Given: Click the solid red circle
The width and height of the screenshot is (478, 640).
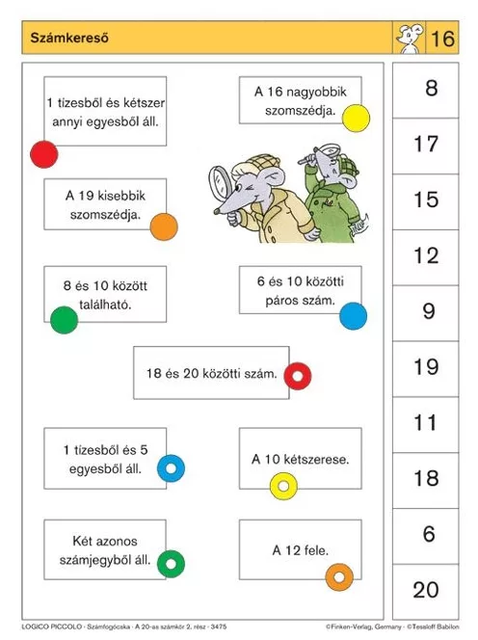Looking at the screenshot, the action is [x=44, y=153].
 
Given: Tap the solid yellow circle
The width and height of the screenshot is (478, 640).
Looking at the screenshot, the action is [x=356, y=119].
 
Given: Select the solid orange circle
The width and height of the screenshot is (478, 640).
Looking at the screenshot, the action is [x=164, y=227].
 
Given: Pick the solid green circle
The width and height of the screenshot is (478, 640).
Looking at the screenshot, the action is [x=64, y=319].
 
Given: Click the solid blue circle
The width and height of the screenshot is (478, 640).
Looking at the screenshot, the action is [x=353, y=315].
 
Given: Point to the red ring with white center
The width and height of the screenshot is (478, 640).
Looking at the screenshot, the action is [x=298, y=376].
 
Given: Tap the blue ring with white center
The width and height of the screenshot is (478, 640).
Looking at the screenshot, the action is [x=171, y=468].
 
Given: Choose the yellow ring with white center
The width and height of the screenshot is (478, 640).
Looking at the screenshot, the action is [x=283, y=486].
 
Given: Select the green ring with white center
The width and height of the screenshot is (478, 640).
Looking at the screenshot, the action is [x=171, y=563].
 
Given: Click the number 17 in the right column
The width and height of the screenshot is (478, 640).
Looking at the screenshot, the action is [x=425, y=145].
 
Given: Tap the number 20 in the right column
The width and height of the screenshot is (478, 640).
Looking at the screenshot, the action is [x=425, y=590].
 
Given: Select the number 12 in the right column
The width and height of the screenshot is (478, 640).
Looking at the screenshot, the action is [x=425, y=255].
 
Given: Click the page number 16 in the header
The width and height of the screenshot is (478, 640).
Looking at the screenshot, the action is [x=442, y=40].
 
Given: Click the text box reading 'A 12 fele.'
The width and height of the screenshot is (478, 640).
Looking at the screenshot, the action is [x=300, y=551].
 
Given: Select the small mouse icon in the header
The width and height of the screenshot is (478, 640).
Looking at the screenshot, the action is [x=408, y=40].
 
